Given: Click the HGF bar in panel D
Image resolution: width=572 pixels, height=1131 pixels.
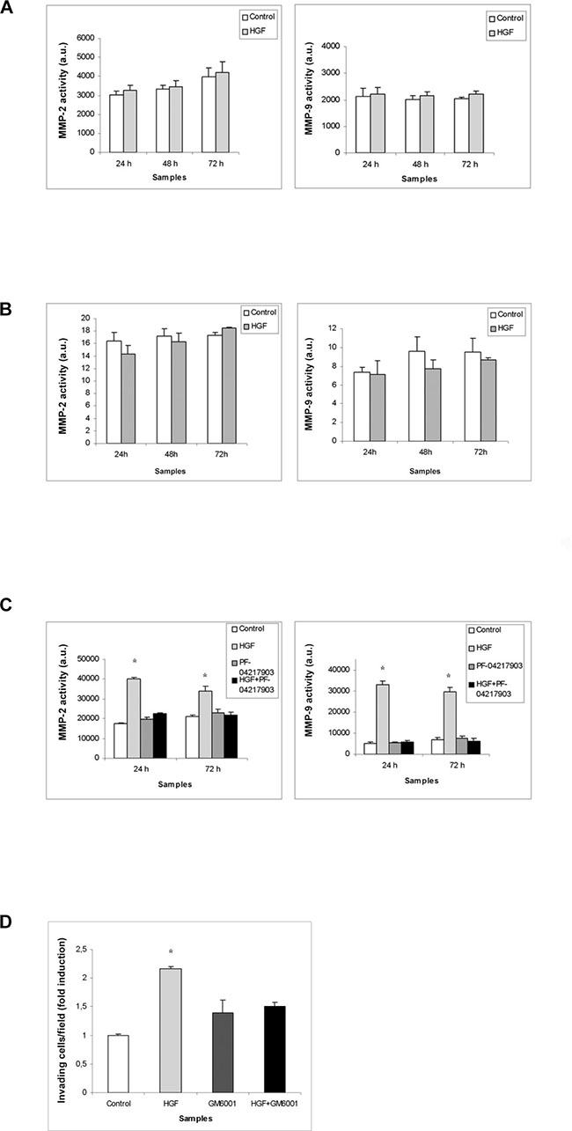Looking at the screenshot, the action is point(171,1037).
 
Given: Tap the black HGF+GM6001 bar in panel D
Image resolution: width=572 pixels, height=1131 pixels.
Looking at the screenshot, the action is point(275,1056).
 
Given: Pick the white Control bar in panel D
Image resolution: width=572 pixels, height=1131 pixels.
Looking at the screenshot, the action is point(118,1071).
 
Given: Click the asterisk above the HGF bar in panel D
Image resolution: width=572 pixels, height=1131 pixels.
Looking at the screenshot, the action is point(171,952).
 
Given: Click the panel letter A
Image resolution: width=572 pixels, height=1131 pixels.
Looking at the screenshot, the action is point(6,8).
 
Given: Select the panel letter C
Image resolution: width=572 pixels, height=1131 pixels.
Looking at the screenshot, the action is point(6,604).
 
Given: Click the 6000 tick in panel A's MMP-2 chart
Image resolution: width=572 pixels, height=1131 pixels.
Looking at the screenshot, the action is point(85,38).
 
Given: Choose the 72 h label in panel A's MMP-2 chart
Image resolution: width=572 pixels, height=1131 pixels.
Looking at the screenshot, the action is point(216,164).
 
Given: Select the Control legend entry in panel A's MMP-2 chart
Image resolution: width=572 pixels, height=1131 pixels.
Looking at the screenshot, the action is point(259,17).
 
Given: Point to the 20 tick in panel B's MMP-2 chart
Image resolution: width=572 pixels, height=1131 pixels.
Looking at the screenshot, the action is point(86,318).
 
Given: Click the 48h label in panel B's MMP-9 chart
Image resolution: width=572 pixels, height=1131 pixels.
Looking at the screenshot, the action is point(425,452).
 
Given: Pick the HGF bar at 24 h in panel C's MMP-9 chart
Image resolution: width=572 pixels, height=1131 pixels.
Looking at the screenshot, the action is point(383,719).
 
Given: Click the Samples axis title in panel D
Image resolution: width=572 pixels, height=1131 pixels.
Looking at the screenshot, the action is point(195,1119).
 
